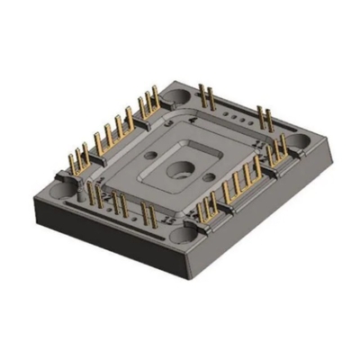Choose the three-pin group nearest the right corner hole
[279, 151]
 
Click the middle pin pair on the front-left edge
[118, 202]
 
